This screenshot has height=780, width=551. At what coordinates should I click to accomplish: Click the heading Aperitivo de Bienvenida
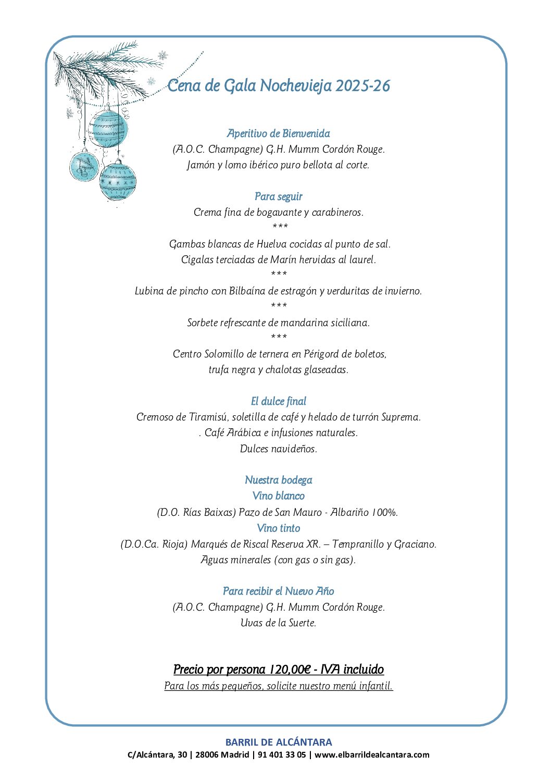click(279, 134)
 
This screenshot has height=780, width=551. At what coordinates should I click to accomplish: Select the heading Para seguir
click(279, 196)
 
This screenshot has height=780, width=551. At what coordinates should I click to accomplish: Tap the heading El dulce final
click(279, 401)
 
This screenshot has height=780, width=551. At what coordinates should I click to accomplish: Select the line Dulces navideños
click(279, 449)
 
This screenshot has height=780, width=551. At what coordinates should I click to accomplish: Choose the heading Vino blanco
click(279, 496)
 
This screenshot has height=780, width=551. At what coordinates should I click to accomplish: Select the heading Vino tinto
click(279, 528)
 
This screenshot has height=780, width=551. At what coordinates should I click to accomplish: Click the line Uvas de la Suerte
click(279, 623)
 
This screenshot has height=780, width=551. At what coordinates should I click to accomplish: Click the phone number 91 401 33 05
click(287, 754)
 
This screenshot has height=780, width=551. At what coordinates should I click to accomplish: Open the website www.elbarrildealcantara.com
click(372, 754)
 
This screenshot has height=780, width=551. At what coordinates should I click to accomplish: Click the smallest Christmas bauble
click(84, 165)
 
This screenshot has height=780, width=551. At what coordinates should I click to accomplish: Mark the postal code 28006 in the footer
click(206, 754)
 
